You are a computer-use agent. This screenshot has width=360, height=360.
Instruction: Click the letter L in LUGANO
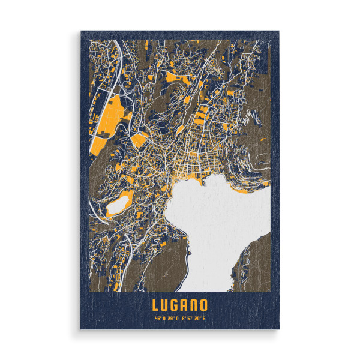coord(156,305)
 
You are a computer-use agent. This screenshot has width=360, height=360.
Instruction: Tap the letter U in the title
coord(165,305)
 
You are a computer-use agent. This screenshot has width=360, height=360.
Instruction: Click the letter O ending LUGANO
coord(204,305)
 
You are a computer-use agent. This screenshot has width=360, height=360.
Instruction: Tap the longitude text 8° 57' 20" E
coord(193,318)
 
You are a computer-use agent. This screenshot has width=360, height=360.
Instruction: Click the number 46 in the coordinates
coord(157,318)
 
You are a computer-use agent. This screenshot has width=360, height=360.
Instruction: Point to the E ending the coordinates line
coord(205,318)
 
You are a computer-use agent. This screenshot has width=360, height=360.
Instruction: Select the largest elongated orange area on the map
coord(108,123)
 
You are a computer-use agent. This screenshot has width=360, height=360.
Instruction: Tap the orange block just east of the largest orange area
coord(139,141)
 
